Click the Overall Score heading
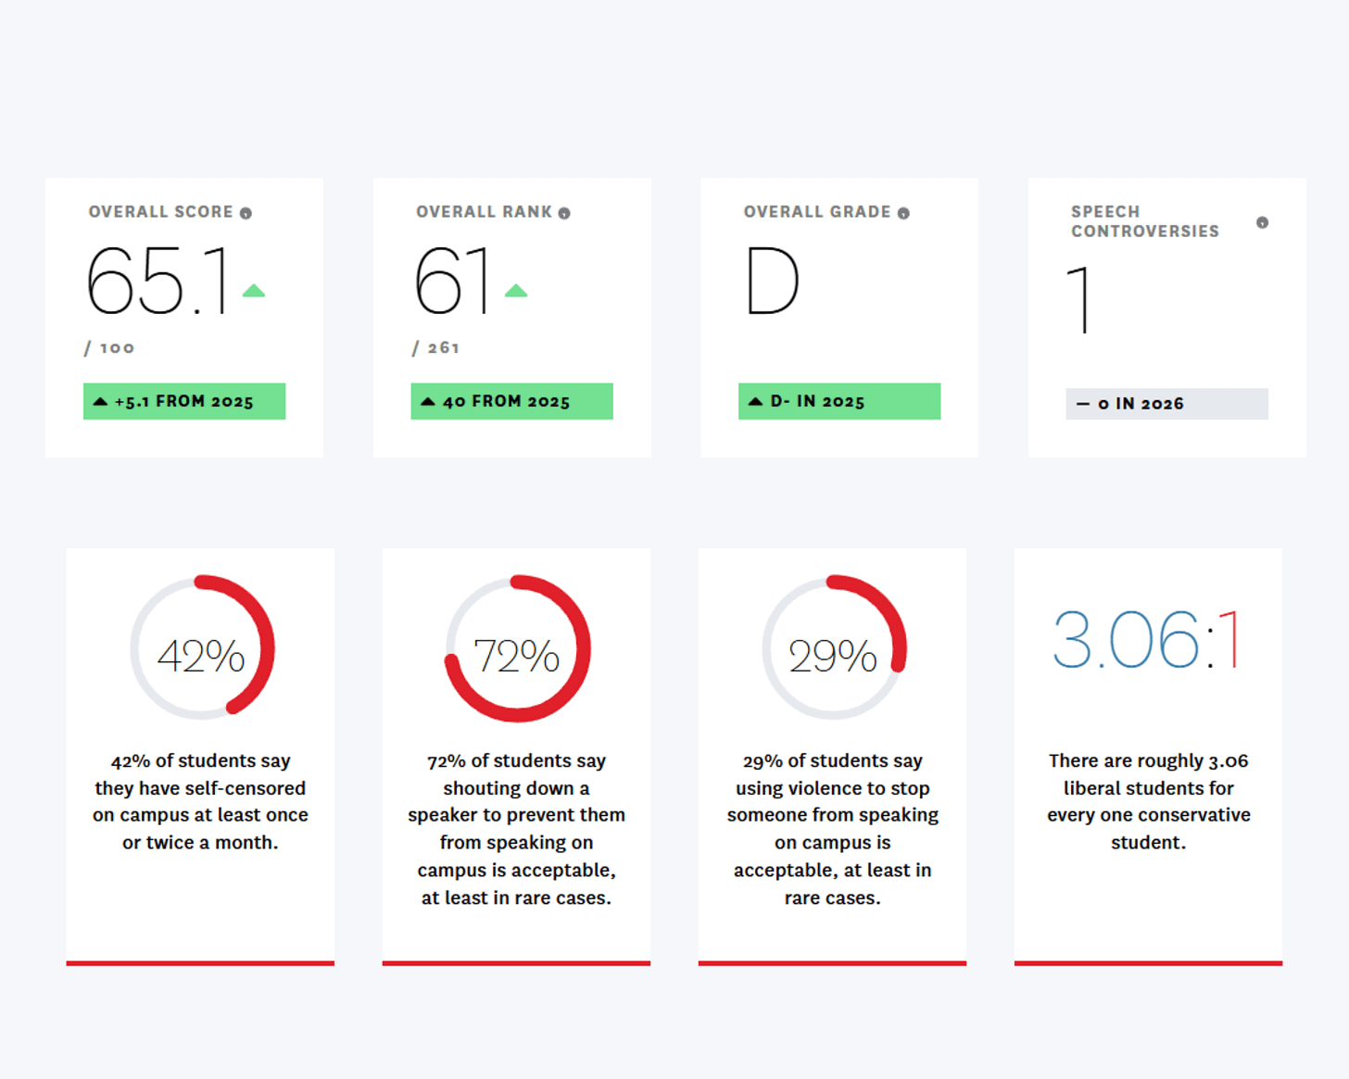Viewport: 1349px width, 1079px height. [160, 212]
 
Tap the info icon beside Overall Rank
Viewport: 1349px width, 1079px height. [564, 213]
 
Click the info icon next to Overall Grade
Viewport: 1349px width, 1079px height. [903, 213]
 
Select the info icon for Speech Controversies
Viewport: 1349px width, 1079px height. [1263, 222]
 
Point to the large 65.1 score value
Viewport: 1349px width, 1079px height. [158, 280]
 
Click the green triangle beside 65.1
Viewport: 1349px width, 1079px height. [254, 290]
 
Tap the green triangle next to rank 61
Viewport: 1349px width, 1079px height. [516, 290]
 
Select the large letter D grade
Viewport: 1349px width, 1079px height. [773, 280]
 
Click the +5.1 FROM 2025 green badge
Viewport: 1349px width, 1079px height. [184, 401]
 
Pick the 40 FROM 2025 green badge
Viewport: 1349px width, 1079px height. [511, 401]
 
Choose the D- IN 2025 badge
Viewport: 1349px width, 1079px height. [839, 401]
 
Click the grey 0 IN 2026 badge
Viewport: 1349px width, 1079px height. [1166, 404]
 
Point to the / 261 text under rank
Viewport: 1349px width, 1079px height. [435, 347]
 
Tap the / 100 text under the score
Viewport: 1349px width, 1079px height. [109, 347]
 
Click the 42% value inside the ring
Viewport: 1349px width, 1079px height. [201, 656]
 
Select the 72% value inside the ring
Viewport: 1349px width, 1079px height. [517, 656]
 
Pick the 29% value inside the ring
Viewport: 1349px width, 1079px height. [832, 656]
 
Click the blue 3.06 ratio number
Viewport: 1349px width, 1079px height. [1126, 640]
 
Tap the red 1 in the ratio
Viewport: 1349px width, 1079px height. [1229, 640]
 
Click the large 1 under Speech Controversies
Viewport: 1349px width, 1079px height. [1079, 299]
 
